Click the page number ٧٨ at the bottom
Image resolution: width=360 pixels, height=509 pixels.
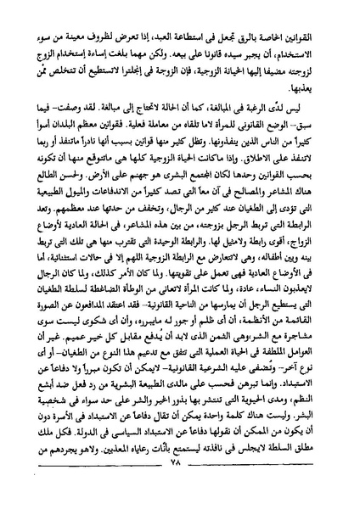point(180,486)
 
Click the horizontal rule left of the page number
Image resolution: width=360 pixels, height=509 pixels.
point(102,492)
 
